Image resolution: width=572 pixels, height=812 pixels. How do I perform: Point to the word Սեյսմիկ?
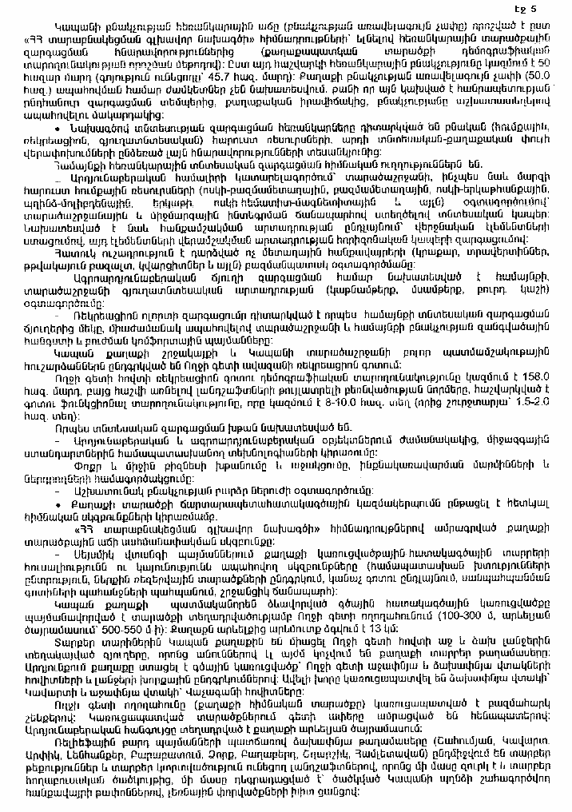click(99, 549)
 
